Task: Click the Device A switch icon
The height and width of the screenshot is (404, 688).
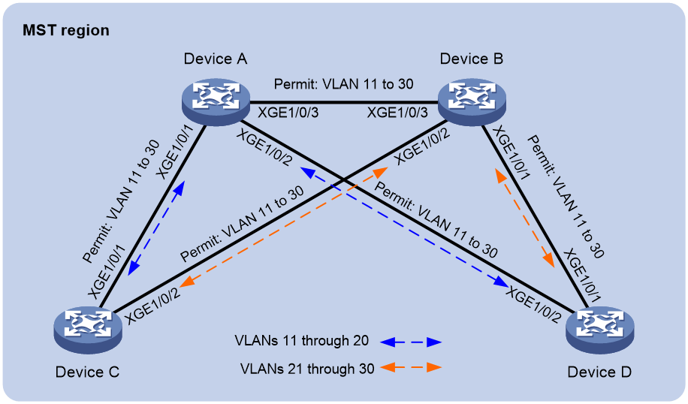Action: click(x=216, y=103)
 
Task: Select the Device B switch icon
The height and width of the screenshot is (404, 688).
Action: click(x=472, y=103)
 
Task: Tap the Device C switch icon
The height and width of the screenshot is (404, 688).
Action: click(x=88, y=330)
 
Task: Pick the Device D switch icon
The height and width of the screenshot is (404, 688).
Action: click(x=600, y=330)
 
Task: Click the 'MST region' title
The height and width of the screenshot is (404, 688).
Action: click(x=66, y=31)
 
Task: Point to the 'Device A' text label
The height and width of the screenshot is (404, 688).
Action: click(x=215, y=59)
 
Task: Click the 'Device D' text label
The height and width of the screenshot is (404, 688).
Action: click(x=599, y=372)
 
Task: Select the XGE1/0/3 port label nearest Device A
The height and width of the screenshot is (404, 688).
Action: click(x=288, y=113)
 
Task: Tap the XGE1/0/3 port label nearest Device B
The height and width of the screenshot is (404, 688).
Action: click(x=397, y=113)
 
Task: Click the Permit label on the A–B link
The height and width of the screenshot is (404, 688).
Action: click(x=343, y=84)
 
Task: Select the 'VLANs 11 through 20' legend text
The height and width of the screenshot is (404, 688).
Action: click(x=301, y=341)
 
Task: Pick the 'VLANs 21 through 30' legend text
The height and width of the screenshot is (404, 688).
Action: click(x=307, y=369)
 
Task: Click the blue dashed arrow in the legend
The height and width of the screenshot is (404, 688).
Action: click(x=411, y=342)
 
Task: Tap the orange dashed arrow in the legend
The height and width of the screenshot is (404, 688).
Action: click(x=411, y=368)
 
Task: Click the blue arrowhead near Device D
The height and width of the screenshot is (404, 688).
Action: click(x=502, y=281)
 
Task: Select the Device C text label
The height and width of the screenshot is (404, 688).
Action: click(x=87, y=372)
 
